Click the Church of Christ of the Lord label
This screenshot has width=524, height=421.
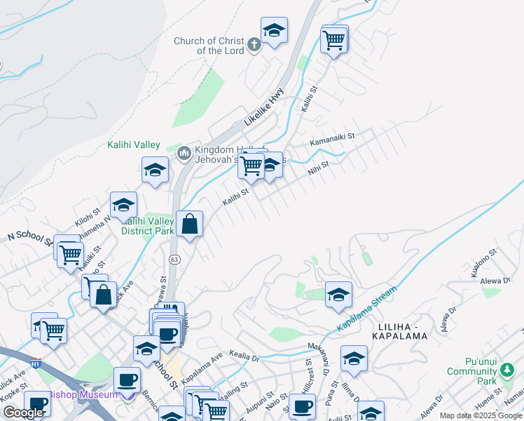(x=209, y=46)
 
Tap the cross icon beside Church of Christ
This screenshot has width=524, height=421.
(x=254, y=45)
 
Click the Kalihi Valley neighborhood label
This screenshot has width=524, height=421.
(x=134, y=145)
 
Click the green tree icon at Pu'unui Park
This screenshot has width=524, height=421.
(x=506, y=370)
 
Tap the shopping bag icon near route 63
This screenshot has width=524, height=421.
(x=189, y=225)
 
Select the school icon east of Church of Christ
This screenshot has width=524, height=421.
(x=274, y=30)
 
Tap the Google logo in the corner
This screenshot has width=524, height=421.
(x=23, y=413)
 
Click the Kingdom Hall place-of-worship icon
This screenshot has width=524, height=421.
(x=184, y=152)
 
